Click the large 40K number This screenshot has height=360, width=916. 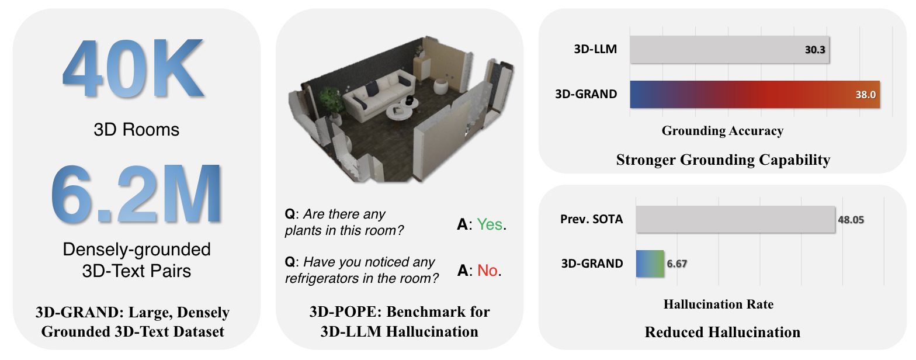point(133,68)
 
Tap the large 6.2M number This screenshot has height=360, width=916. point(137,193)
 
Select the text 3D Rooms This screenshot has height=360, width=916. point(137,130)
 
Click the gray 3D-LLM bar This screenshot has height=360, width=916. point(730,50)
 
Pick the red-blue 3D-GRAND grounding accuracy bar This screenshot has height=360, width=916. point(755,95)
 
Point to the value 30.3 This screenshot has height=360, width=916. point(815,50)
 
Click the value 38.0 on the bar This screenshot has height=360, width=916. point(866,95)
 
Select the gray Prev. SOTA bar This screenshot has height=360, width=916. point(735,219)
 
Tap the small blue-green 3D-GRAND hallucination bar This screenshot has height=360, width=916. point(650,264)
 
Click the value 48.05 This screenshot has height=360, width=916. point(851,220)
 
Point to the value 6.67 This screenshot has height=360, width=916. point(676,264)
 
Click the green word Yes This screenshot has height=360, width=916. point(490,224)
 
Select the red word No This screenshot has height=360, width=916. point(487,271)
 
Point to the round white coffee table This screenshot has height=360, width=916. point(399,112)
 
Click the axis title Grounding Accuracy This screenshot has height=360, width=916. point(723,131)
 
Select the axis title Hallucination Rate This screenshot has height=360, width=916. point(719,304)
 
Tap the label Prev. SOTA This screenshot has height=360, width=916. point(591,219)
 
